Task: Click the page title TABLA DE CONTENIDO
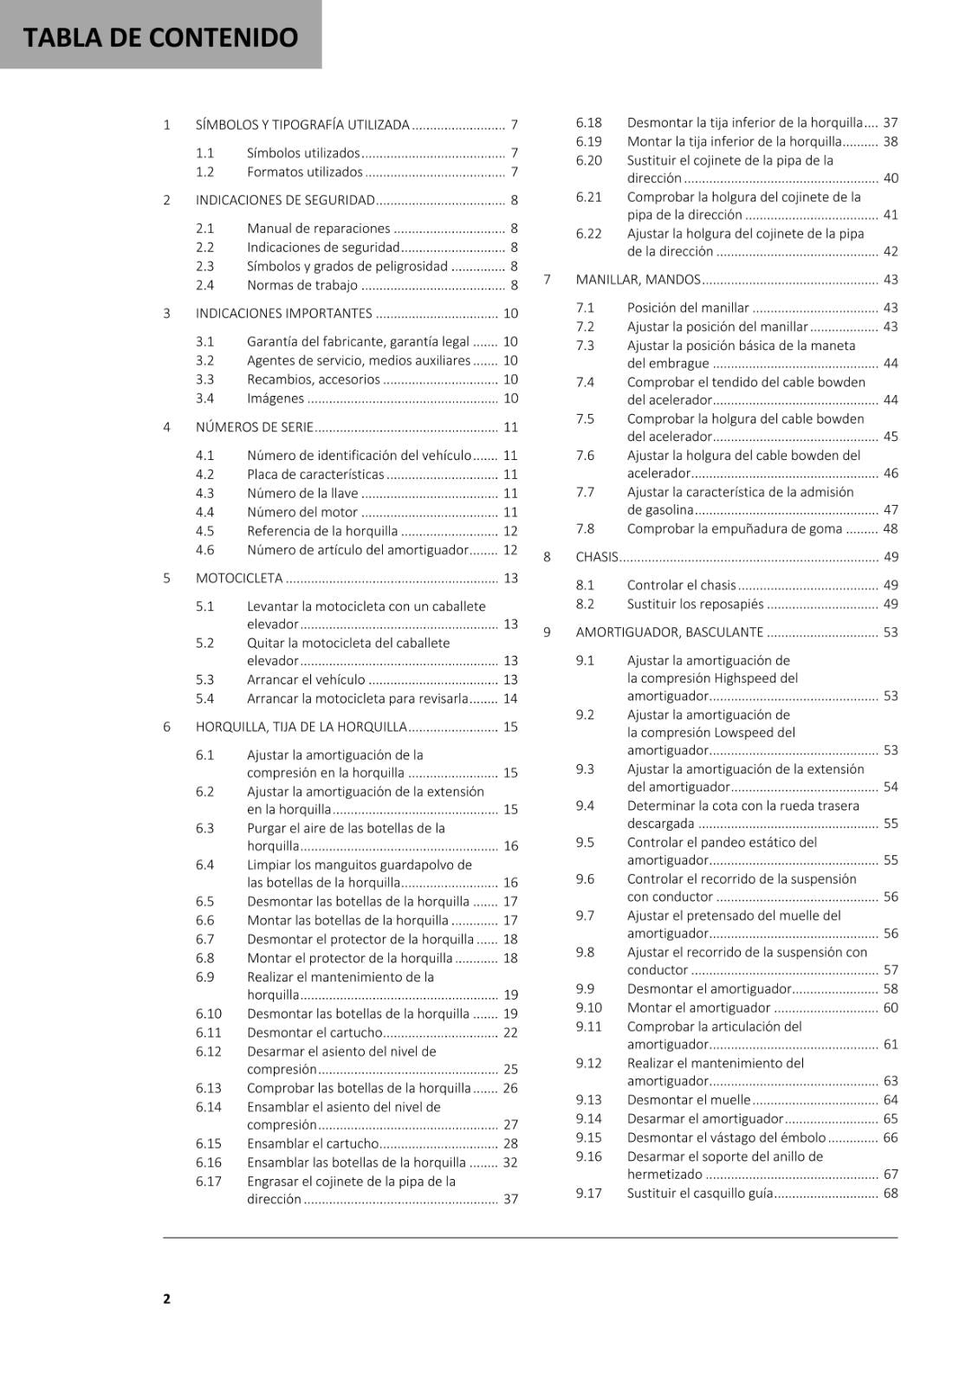click(x=160, y=37)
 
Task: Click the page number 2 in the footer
click(x=166, y=1298)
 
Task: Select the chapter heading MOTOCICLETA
click(x=239, y=578)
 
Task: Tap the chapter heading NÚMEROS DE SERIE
click(x=254, y=427)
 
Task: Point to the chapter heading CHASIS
click(x=597, y=557)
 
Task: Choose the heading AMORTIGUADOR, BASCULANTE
click(x=670, y=632)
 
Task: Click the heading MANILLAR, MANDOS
click(x=638, y=280)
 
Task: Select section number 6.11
click(x=208, y=1033)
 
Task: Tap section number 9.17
click(x=588, y=1193)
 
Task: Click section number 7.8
click(x=585, y=528)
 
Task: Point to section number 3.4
click(x=204, y=398)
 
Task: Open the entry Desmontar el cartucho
click(x=314, y=1033)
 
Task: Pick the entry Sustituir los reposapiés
click(x=696, y=604)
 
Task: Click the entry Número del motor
click(x=302, y=512)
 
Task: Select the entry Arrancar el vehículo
click(x=306, y=680)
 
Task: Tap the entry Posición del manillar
click(x=688, y=308)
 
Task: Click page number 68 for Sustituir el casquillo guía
click(x=890, y=1193)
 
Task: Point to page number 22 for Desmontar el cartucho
click(x=510, y=1033)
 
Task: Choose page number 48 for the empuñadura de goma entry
click(x=890, y=528)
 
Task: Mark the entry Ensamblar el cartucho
click(x=313, y=1143)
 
